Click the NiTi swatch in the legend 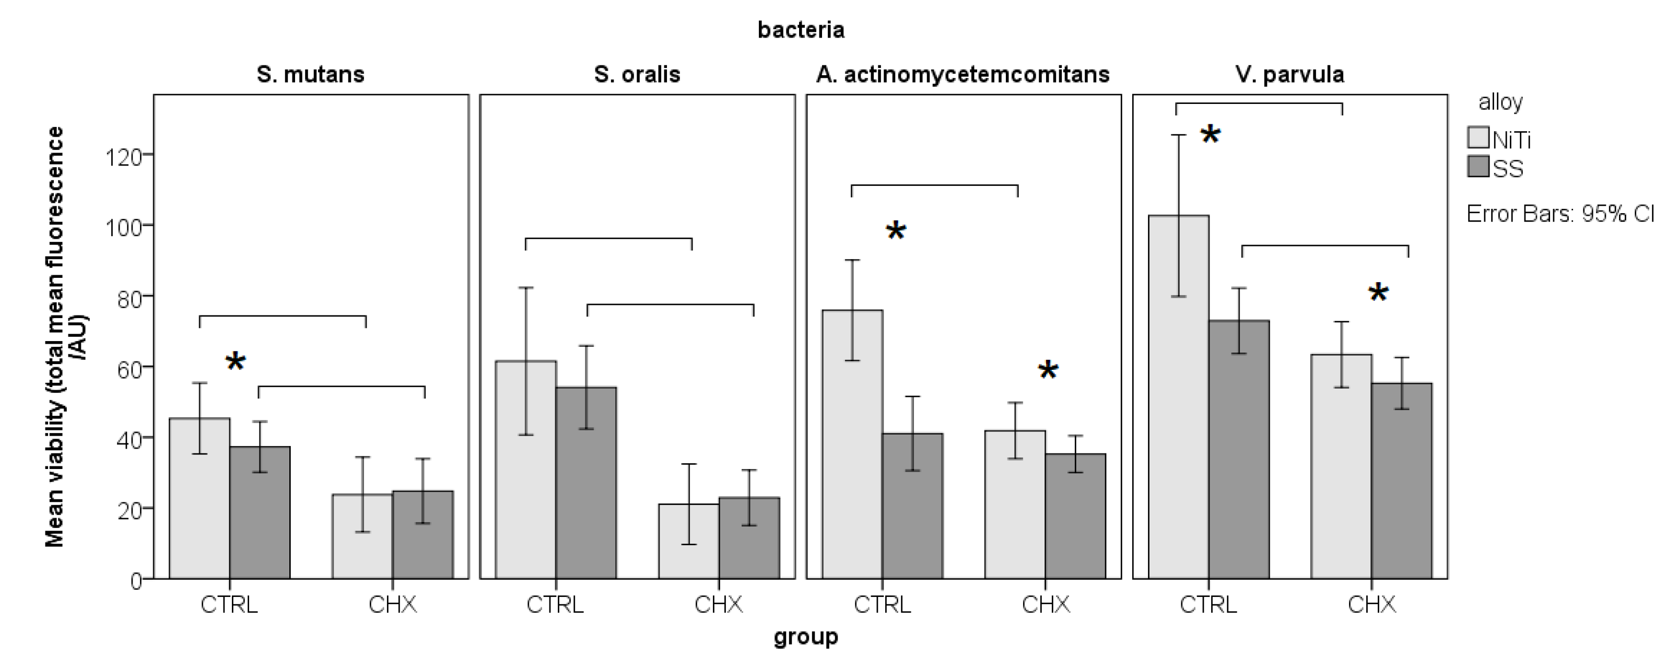point(1479,138)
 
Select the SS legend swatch point(1479,167)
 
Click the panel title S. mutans point(310,74)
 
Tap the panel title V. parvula point(1289,74)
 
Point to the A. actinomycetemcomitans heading point(963,74)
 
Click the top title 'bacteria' point(801,30)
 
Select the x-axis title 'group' point(805,637)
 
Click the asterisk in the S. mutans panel point(236,362)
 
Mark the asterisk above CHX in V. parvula point(1378,294)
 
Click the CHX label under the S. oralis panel point(718,605)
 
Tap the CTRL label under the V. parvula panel point(1208,605)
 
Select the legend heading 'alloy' point(1500,102)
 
